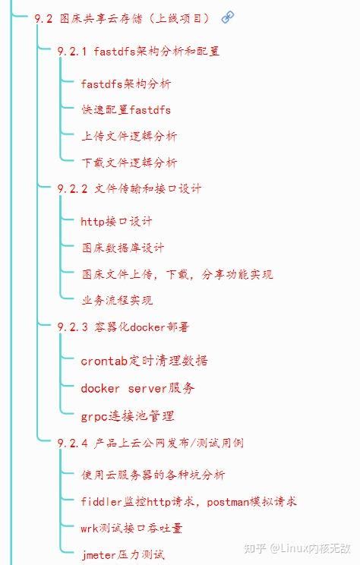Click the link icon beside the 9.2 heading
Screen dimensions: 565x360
click(x=228, y=17)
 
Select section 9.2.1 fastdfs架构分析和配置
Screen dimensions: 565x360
click(x=138, y=52)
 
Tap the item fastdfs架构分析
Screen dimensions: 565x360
click(x=126, y=84)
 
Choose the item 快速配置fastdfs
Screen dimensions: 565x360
click(x=126, y=110)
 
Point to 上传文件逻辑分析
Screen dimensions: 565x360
click(x=129, y=137)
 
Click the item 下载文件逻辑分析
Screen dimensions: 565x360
click(x=129, y=163)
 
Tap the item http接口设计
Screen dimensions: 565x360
click(x=116, y=221)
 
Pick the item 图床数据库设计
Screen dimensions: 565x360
click(x=122, y=248)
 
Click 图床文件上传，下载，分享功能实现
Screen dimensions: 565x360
click(x=177, y=274)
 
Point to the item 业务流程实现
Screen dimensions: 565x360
click(x=116, y=300)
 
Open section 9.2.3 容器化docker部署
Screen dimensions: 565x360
click(x=123, y=327)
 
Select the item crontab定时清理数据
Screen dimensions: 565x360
click(x=144, y=361)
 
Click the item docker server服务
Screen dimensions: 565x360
click(x=137, y=388)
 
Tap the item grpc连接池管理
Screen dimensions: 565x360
click(x=128, y=415)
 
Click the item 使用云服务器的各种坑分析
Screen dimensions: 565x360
click(x=153, y=475)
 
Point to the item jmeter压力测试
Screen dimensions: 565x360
click(x=122, y=554)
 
